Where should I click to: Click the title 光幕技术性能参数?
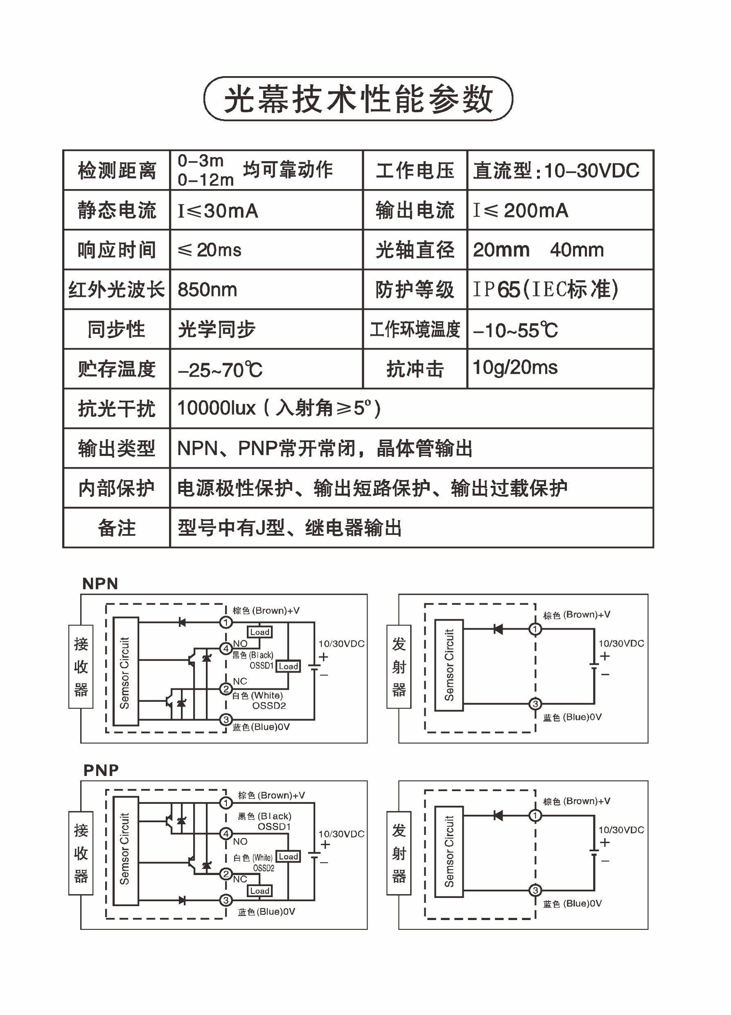point(358,99)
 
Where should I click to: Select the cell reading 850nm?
point(207,289)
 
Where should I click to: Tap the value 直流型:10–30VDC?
point(556,171)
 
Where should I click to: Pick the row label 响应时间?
point(116,250)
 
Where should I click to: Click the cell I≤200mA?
point(521,210)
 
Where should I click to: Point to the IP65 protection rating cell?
point(546,289)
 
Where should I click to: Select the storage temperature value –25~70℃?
point(220,370)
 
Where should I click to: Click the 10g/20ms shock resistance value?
point(515,368)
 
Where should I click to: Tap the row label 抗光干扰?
point(116,408)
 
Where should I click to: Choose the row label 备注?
point(116,528)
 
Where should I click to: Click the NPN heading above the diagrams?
point(100,584)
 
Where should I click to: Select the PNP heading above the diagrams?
point(101,770)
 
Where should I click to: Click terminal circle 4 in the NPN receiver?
point(226,648)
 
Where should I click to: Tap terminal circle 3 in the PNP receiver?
point(226,900)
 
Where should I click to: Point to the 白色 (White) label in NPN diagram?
point(257,695)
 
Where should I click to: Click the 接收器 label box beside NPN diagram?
point(81,666)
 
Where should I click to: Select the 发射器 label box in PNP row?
point(399,853)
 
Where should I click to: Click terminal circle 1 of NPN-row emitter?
point(535,629)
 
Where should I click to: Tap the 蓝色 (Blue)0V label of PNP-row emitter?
point(572,904)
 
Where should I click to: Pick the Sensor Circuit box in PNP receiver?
point(125,851)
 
